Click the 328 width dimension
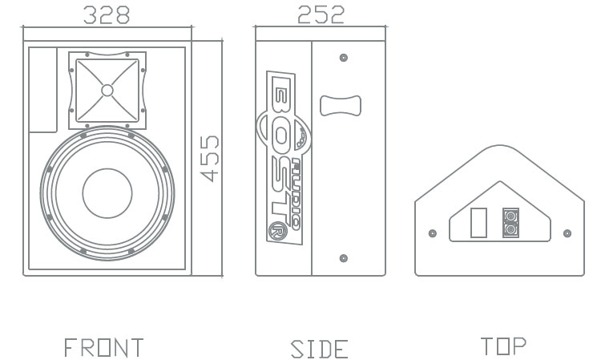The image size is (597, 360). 107,15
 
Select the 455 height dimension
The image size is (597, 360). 210,159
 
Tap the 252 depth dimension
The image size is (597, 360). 321,15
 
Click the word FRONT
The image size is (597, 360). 103,347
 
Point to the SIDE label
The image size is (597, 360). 320,350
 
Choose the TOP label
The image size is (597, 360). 503,346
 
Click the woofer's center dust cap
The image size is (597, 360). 107,193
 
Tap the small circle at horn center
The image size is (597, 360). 107,91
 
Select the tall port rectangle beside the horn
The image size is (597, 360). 43,90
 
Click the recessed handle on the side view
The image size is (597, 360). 341,106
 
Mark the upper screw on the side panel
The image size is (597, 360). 344,58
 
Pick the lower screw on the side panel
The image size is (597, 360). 344,258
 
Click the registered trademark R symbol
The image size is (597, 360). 277,231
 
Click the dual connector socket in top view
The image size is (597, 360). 510,223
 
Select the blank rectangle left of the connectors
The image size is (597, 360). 478,223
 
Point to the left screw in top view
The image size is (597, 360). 433,233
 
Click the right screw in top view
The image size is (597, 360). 567,233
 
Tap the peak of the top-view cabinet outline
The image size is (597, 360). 500,145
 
